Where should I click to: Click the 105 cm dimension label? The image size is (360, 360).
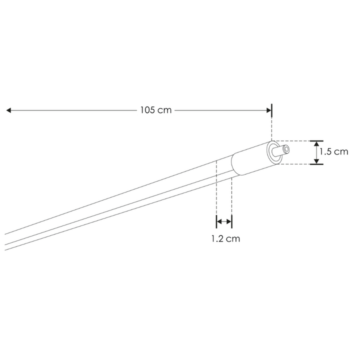coord(156,110)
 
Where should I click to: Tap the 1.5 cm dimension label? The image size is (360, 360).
coord(334,152)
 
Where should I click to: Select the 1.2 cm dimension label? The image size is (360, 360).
coord(225,239)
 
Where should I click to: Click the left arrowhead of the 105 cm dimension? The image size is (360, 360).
coord(8,110)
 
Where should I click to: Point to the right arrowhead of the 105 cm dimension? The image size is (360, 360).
coord(269,110)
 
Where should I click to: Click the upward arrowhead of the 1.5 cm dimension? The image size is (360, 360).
coord(316,144)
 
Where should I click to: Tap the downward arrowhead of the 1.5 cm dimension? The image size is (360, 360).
coord(316,161)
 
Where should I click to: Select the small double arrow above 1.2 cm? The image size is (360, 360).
coord(224,221)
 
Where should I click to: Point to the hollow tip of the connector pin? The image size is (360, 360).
coord(286,149)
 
